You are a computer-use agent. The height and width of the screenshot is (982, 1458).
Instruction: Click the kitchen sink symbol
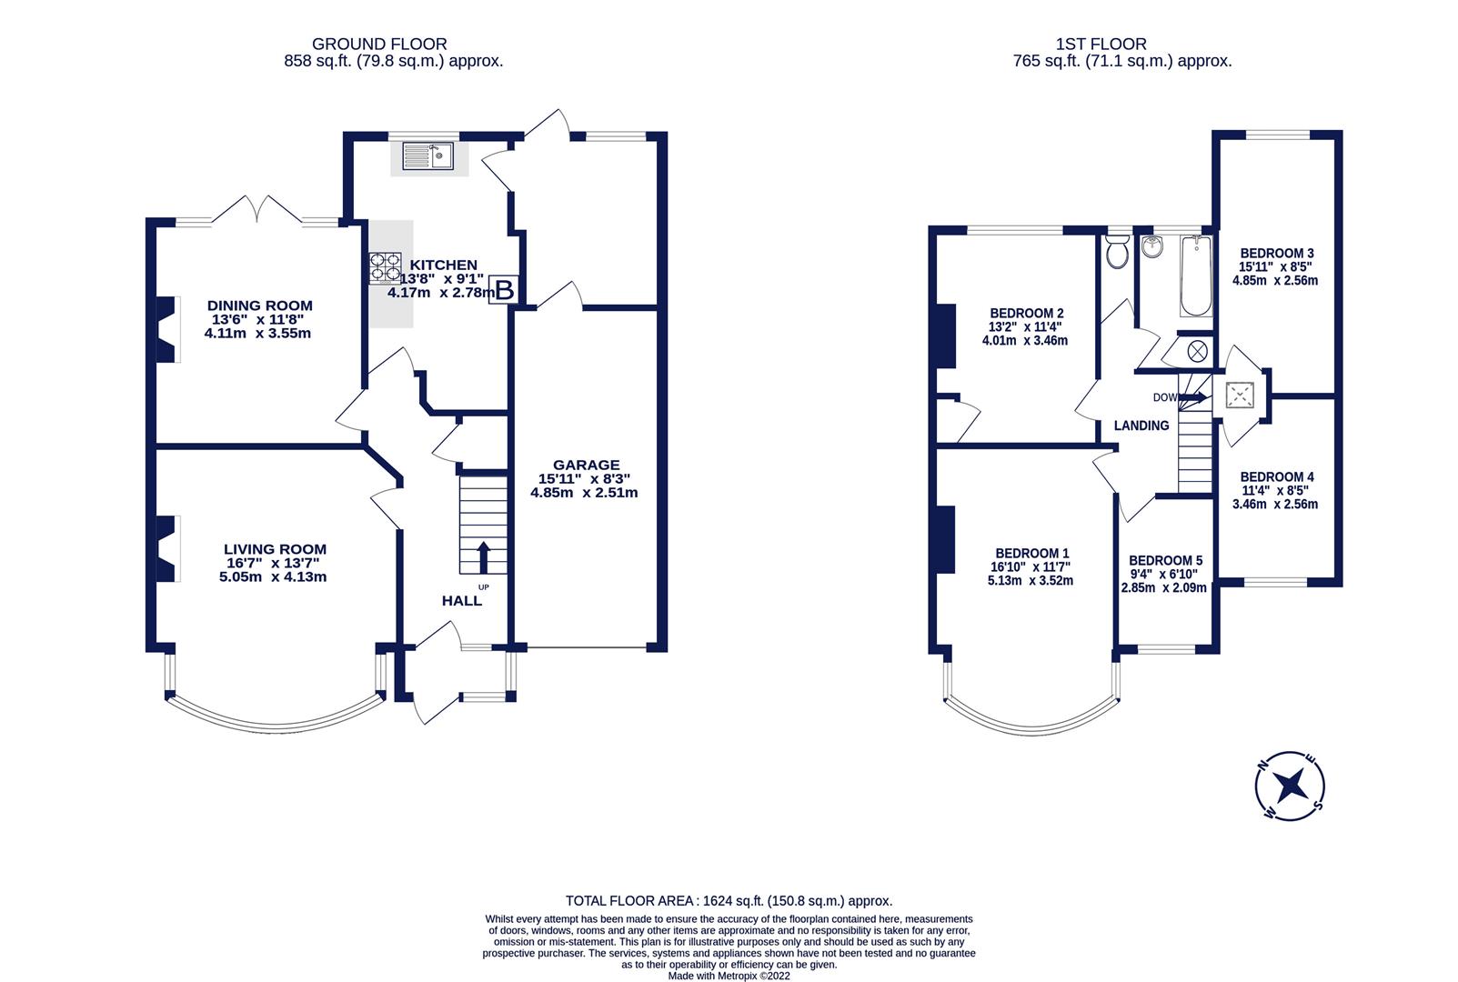[x=428, y=156]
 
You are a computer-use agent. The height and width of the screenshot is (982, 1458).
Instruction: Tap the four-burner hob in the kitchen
[x=384, y=268]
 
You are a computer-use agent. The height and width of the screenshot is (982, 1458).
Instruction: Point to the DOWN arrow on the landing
[x=1195, y=397]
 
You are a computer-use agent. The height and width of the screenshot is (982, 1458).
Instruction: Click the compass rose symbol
[x=1290, y=787]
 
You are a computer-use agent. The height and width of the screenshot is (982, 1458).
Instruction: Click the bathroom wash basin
[x=1152, y=245]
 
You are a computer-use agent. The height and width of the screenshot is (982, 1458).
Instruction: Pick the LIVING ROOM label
[x=275, y=549]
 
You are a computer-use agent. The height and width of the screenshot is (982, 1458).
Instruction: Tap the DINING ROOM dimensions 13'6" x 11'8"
[x=259, y=320]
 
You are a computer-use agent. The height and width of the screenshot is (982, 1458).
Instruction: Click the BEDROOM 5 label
[x=1165, y=561]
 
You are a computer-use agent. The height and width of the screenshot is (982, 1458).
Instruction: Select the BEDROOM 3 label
[x=1277, y=254]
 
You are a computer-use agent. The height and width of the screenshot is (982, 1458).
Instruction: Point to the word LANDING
[x=1141, y=426]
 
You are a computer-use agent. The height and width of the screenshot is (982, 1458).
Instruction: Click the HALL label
[x=462, y=601]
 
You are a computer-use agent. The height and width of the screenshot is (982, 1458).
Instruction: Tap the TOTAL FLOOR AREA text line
[x=729, y=901]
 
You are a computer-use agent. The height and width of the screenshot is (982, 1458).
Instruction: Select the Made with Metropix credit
[x=729, y=976]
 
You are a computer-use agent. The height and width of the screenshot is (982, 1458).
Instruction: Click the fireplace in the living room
[x=166, y=548]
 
